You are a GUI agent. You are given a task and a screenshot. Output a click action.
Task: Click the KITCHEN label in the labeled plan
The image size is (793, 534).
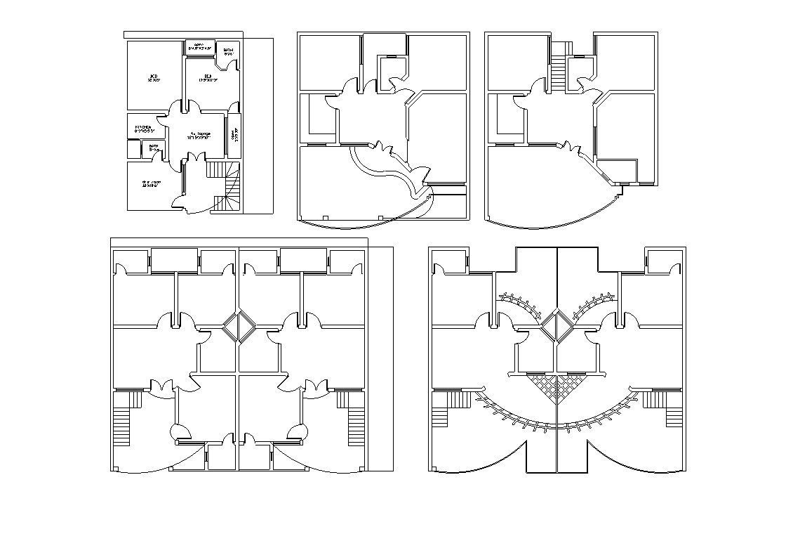(x=143, y=127)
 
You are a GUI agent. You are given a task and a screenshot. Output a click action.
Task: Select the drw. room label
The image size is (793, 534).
(x=151, y=184)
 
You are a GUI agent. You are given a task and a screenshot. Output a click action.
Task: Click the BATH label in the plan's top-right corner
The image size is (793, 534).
(x=229, y=51)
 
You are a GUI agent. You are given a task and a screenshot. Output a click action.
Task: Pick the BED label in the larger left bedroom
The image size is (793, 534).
(x=153, y=77)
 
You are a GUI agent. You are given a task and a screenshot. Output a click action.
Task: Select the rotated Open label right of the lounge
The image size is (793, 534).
(x=234, y=133)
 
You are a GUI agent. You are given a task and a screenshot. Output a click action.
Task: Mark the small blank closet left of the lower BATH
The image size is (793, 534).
(x=133, y=149)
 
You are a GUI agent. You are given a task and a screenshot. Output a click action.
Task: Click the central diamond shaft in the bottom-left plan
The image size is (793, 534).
(x=239, y=328)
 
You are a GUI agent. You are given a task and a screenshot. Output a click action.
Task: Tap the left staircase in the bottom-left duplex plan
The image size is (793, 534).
(x=125, y=418)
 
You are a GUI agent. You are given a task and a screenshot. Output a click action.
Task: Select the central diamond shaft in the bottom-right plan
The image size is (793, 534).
(x=557, y=326)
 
